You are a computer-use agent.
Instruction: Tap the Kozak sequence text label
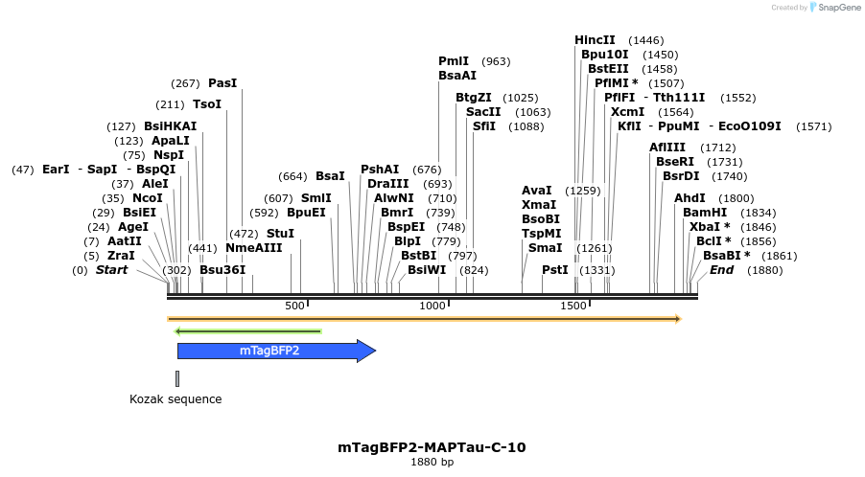(175, 399)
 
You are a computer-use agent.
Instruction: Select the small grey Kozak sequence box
(177, 377)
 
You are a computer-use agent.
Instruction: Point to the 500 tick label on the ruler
(294, 306)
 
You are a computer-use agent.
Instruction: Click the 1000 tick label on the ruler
(433, 306)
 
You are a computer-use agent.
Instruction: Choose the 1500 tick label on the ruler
(573, 306)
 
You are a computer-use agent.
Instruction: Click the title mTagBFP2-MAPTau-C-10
(432, 447)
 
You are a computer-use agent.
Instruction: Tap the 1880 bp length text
(432, 463)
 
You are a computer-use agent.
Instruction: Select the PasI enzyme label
(222, 83)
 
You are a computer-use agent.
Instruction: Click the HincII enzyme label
(595, 40)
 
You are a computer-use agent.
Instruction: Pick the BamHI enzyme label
(703, 213)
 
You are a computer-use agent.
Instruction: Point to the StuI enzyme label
(280, 234)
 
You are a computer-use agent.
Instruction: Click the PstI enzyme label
(555, 270)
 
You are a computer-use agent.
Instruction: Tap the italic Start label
(111, 270)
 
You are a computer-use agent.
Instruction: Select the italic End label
(721, 270)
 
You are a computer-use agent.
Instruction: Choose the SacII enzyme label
(483, 112)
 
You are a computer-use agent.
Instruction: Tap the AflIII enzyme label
(666, 148)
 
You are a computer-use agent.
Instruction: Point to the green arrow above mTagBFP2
(247, 332)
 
